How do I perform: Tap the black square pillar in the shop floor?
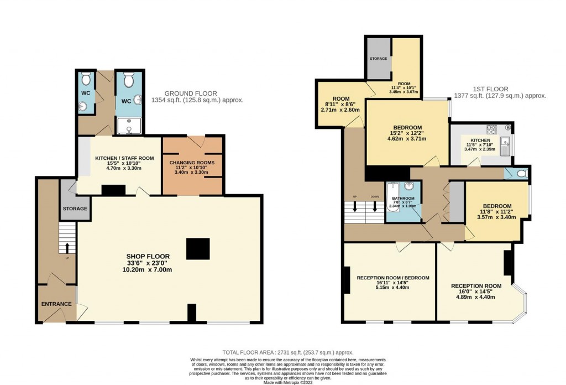pyautogui.click(x=198, y=248)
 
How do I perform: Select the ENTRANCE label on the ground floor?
pyautogui.click(x=56, y=304)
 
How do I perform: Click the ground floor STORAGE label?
pyautogui.click(x=75, y=209)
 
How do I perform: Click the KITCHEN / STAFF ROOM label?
pyautogui.click(x=124, y=158)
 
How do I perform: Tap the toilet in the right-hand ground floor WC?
pyautogui.click(x=129, y=81)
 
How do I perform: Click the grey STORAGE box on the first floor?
pyautogui.click(x=379, y=59)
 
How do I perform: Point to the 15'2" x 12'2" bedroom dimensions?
pyautogui.click(x=407, y=134)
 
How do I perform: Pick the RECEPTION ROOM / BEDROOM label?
pyautogui.click(x=392, y=278)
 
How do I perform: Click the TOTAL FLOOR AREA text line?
pyautogui.click(x=287, y=352)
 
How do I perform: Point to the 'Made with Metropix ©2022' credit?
pyautogui.click(x=287, y=382)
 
